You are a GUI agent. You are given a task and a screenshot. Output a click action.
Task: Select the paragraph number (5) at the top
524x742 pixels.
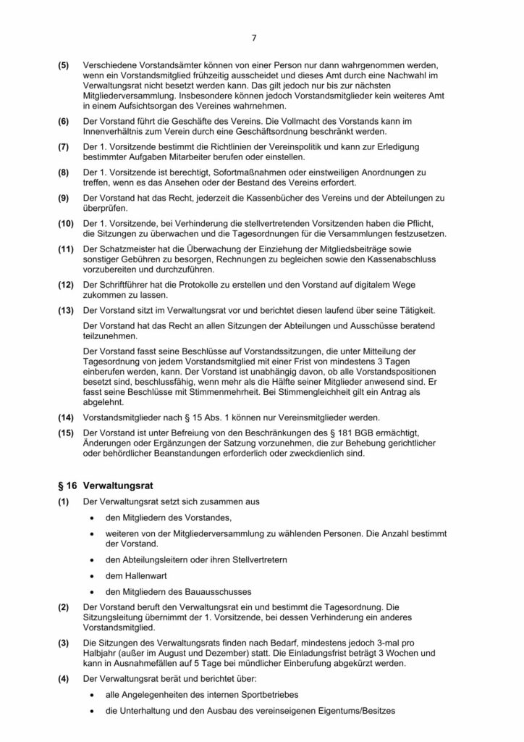point(64,65)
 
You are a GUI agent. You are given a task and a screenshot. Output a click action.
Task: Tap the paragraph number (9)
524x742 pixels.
point(64,199)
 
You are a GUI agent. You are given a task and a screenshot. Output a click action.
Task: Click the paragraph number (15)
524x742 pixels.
point(67,433)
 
